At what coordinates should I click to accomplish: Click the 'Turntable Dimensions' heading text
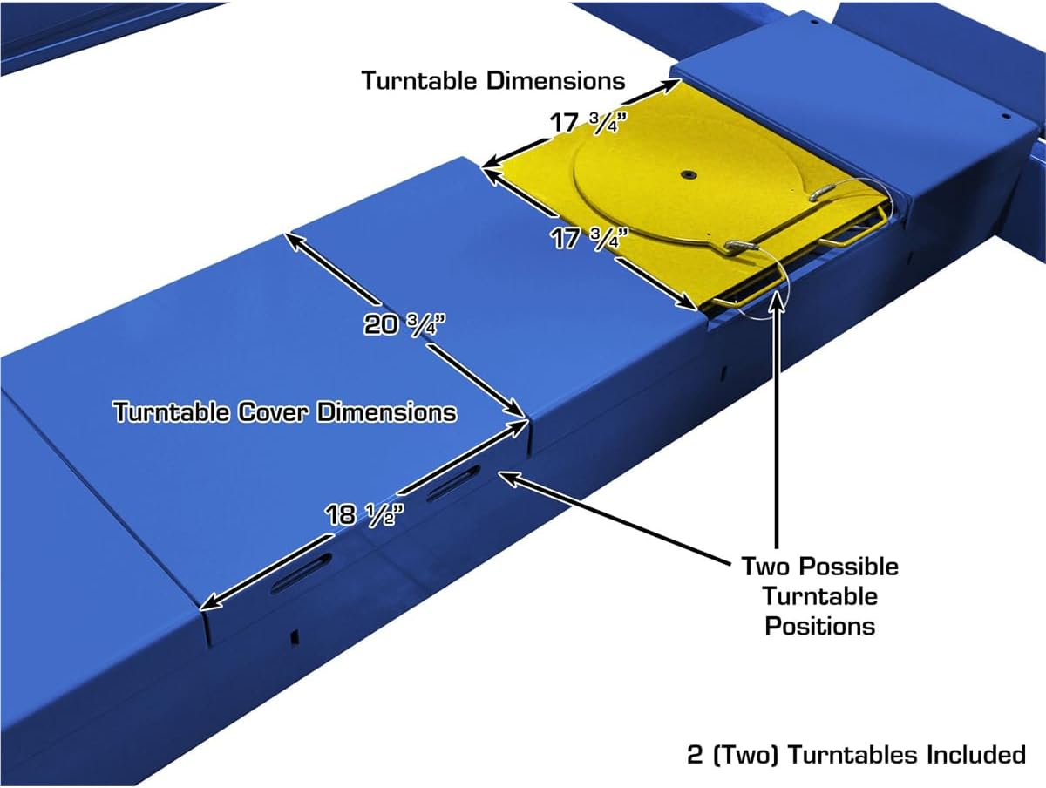coord(493,80)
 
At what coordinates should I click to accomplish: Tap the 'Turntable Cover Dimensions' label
coord(285,411)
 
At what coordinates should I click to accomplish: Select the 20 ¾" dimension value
coord(404,324)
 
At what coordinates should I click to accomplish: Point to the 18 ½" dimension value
coord(364,514)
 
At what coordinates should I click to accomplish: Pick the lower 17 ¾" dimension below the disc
coord(590,238)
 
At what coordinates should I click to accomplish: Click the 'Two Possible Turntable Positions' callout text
coord(819,596)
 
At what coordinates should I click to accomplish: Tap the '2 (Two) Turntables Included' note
coord(856,755)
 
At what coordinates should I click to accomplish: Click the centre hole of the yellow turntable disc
coord(688,175)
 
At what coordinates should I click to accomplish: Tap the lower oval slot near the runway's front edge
coord(302,574)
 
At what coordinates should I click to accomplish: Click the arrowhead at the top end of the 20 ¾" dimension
coord(295,241)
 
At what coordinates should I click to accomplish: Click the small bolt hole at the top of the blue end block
coord(815,22)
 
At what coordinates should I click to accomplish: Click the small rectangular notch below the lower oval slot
coord(295,636)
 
